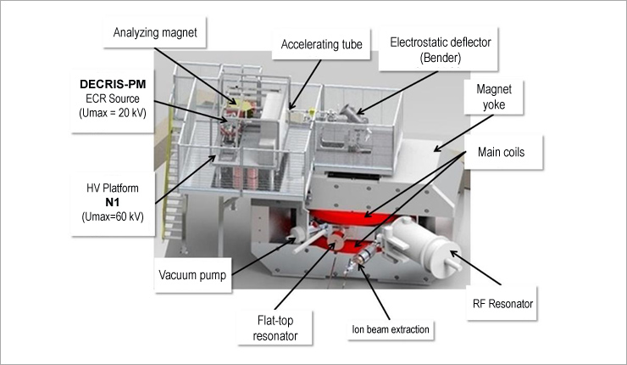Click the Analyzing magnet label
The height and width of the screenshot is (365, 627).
157,32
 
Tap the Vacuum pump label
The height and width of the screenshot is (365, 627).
193,275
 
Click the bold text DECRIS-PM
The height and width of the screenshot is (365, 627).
110,86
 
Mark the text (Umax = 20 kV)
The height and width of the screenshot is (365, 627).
111,116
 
